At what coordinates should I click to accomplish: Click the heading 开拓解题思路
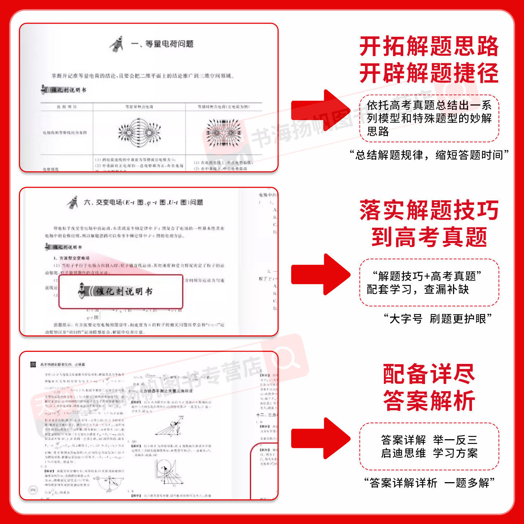point(429,46)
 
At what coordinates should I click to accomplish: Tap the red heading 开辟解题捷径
point(429,73)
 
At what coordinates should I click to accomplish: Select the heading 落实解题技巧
point(429,210)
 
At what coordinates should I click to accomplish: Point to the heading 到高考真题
point(429,237)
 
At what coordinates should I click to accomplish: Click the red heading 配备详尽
point(429,374)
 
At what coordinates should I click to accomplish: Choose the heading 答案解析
point(429,401)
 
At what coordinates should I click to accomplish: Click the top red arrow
point(320,110)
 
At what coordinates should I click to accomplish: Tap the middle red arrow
point(320,274)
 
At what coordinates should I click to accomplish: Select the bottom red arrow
point(320,438)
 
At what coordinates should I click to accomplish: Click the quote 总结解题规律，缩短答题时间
point(429,155)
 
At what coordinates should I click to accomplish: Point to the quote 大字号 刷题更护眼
point(438,319)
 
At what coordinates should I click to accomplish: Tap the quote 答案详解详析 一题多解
point(429,483)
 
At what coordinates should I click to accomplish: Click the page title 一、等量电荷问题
point(162,44)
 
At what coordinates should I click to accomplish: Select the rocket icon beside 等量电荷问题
point(116,44)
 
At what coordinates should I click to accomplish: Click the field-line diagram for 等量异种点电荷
point(139,132)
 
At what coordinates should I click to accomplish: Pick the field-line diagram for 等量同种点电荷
point(223,132)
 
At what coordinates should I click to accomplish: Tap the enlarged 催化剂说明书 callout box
point(121,291)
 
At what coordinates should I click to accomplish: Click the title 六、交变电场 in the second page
point(143,202)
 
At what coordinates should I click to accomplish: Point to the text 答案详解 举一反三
point(429,440)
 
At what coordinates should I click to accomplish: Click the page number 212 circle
point(33,490)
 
